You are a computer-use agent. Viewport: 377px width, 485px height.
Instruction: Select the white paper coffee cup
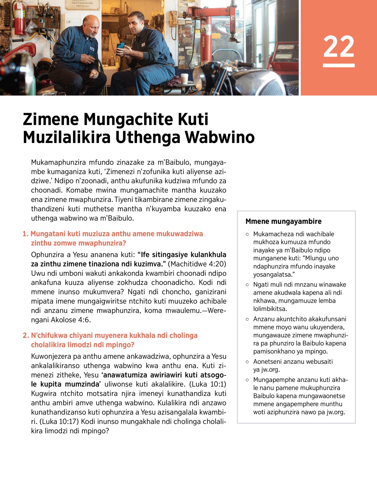184,78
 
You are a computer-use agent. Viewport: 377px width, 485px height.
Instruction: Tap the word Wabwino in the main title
220,137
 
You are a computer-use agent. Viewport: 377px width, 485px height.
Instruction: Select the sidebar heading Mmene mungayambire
283,221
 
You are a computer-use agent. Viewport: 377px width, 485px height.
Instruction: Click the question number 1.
25,234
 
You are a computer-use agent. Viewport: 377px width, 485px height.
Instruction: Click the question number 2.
25,335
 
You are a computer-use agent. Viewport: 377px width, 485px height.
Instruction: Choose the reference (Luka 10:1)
208,384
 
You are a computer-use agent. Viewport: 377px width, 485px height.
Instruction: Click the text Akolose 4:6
70,320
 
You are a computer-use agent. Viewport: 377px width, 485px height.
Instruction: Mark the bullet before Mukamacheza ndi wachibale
248,234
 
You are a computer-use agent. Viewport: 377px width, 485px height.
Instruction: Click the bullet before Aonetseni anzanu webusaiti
248,362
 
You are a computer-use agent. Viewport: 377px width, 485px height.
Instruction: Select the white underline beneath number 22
339,65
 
